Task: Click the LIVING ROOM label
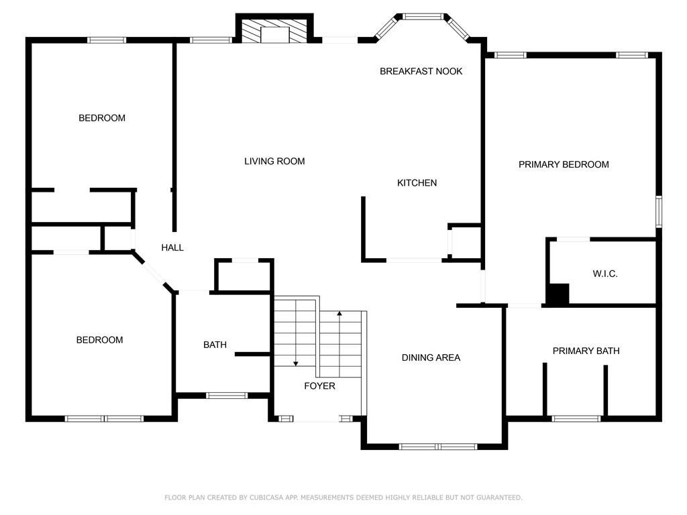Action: coord(274,161)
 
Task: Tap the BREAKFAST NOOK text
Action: coord(421,71)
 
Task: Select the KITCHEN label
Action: coord(417,182)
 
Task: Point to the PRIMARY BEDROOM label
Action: coord(564,164)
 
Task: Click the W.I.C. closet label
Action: coord(605,274)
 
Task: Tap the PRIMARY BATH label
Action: coord(586,351)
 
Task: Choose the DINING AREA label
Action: coord(431,357)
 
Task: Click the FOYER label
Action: coord(319,386)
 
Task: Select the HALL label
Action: coord(172,247)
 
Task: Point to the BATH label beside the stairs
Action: coord(215,345)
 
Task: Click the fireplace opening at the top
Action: coord(274,35)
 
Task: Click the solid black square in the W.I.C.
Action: coord(559,294)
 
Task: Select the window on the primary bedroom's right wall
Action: coord(659,212)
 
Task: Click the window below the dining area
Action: coord(437,447)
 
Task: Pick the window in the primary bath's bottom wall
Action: coord(576,418)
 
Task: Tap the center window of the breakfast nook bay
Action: coord(423,17)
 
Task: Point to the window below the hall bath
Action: coord(227,396)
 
